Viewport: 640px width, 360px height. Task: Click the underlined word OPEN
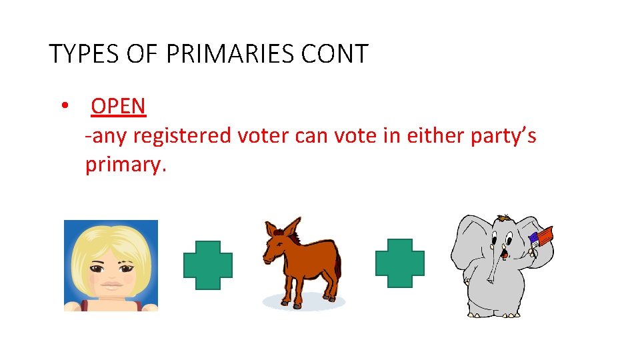[x=118, y=106]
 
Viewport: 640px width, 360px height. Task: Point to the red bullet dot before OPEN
[x=65, y=106]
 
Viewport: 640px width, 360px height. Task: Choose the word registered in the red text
[x=182, y=136]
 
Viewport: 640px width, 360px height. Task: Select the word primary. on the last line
[x=125, y=165]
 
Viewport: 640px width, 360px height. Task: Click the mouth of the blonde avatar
[x=111, y=284]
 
